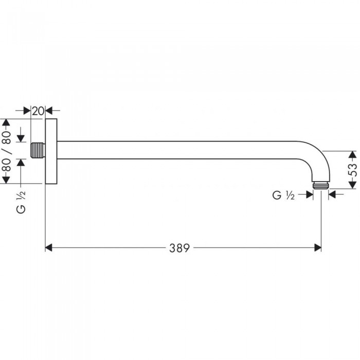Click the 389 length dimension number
[x=179, y=248]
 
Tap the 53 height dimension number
[x=353, y=170]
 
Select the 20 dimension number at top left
[x=38, y=112]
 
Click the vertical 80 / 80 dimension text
[x=7, y=151]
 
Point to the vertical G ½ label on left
[x=21, y=202]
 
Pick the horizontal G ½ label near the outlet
[x=283, y=195]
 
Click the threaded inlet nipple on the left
[x=38, y=150]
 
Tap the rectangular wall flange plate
[x=51, y=151]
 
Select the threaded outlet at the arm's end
[x=321, y=186]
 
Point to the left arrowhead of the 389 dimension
[x=49, y=248]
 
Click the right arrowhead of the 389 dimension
[x=317, y=248]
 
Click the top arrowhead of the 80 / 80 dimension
[x=6, y=122]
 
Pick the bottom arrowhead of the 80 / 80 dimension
[x=6, y=180]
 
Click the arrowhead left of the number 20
[x=27, y=111]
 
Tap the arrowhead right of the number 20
[x=49, y=111]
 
